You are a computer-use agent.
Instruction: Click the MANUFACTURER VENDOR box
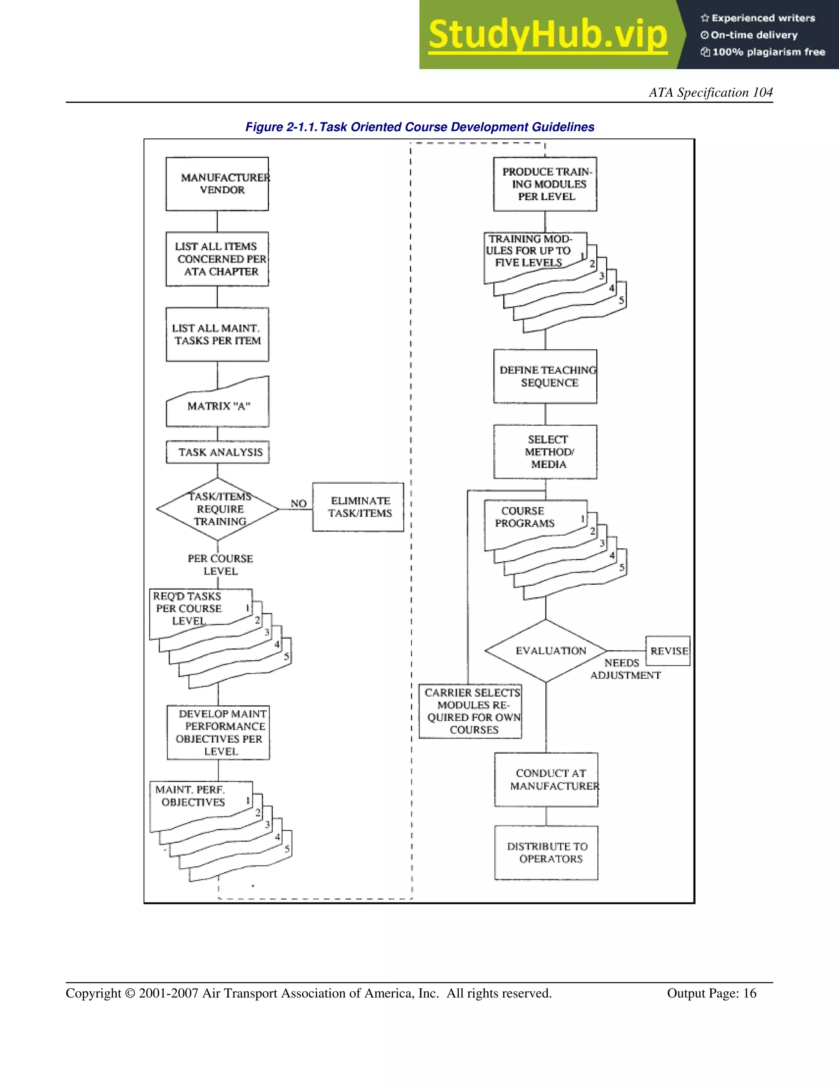pyautogui.click(x=217, y=184)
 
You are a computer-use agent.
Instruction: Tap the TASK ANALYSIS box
pyautogui.click(x=218, y=452)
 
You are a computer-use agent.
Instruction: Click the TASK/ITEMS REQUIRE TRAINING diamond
pyautogui.click(x=218, y=509)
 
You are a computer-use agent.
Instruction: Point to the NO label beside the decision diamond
pyautogui.click(x=298, y=503)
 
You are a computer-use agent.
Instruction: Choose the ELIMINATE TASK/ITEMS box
pyautogui.click(x=358, y=507)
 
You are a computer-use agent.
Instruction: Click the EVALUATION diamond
pyautogui.click(x=546, y=651)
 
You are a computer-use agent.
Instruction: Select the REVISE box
pyautogui.click(x=668, y=651)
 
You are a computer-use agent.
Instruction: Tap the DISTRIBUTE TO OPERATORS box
pyautogui.click(x=546, y=852)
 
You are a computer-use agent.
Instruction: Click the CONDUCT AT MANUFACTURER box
pyautogui.click(x=546, y=780)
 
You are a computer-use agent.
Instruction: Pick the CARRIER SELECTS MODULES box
pyautogui.click(x=471, y=711)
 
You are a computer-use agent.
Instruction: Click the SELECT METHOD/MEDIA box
pyautogui.click(x=545, y=452)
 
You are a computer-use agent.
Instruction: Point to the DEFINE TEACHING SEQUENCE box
pyautogui.click(x=545, y=376)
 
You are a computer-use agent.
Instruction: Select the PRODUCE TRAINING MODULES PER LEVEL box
pyautogui.click(x=545, y=184)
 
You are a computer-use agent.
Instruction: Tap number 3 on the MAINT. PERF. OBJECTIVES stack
pyautogui.click(x=267, y=825)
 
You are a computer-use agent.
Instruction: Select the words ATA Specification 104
pyautogui.click(x=710, y=93)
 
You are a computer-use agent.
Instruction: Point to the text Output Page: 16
pyautogui.click(x=711, y=993)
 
